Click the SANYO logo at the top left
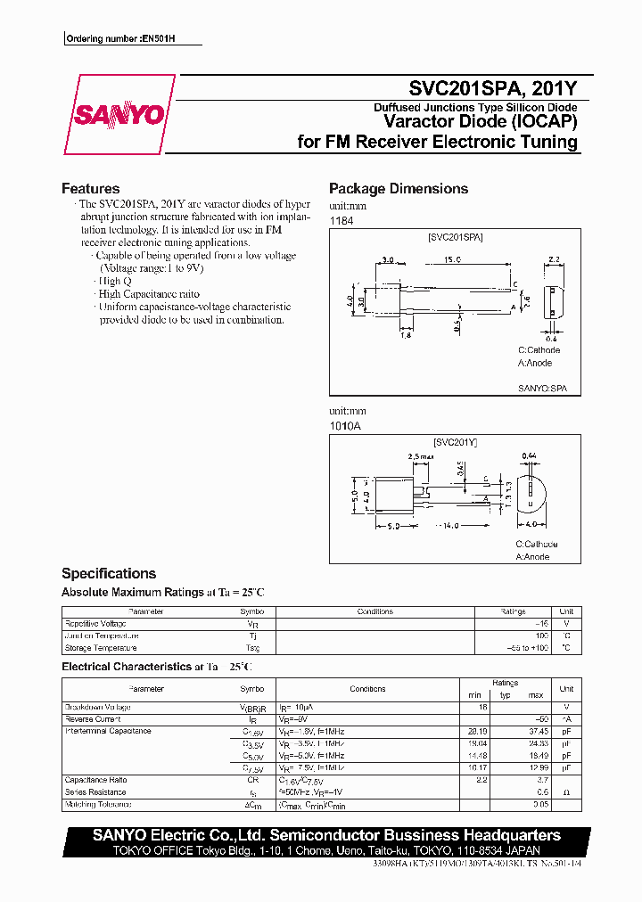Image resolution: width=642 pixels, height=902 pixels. coord(119,115)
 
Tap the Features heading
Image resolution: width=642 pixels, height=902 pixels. coord(90,189)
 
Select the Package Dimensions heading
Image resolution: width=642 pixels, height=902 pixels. coord(398,189)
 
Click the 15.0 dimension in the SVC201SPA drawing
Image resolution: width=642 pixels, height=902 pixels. coord(452,260)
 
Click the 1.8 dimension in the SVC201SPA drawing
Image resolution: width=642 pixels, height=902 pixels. coord(405,335)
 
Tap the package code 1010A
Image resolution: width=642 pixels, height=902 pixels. coord(344,427)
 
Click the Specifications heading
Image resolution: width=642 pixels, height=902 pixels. coord(108,574)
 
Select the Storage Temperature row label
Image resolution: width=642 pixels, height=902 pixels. coord(101,648)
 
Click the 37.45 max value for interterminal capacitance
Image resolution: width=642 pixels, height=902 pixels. coord(536,731)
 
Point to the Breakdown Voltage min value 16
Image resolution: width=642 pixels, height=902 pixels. coord(482,707)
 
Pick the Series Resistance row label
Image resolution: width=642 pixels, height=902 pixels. coord(95,791)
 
